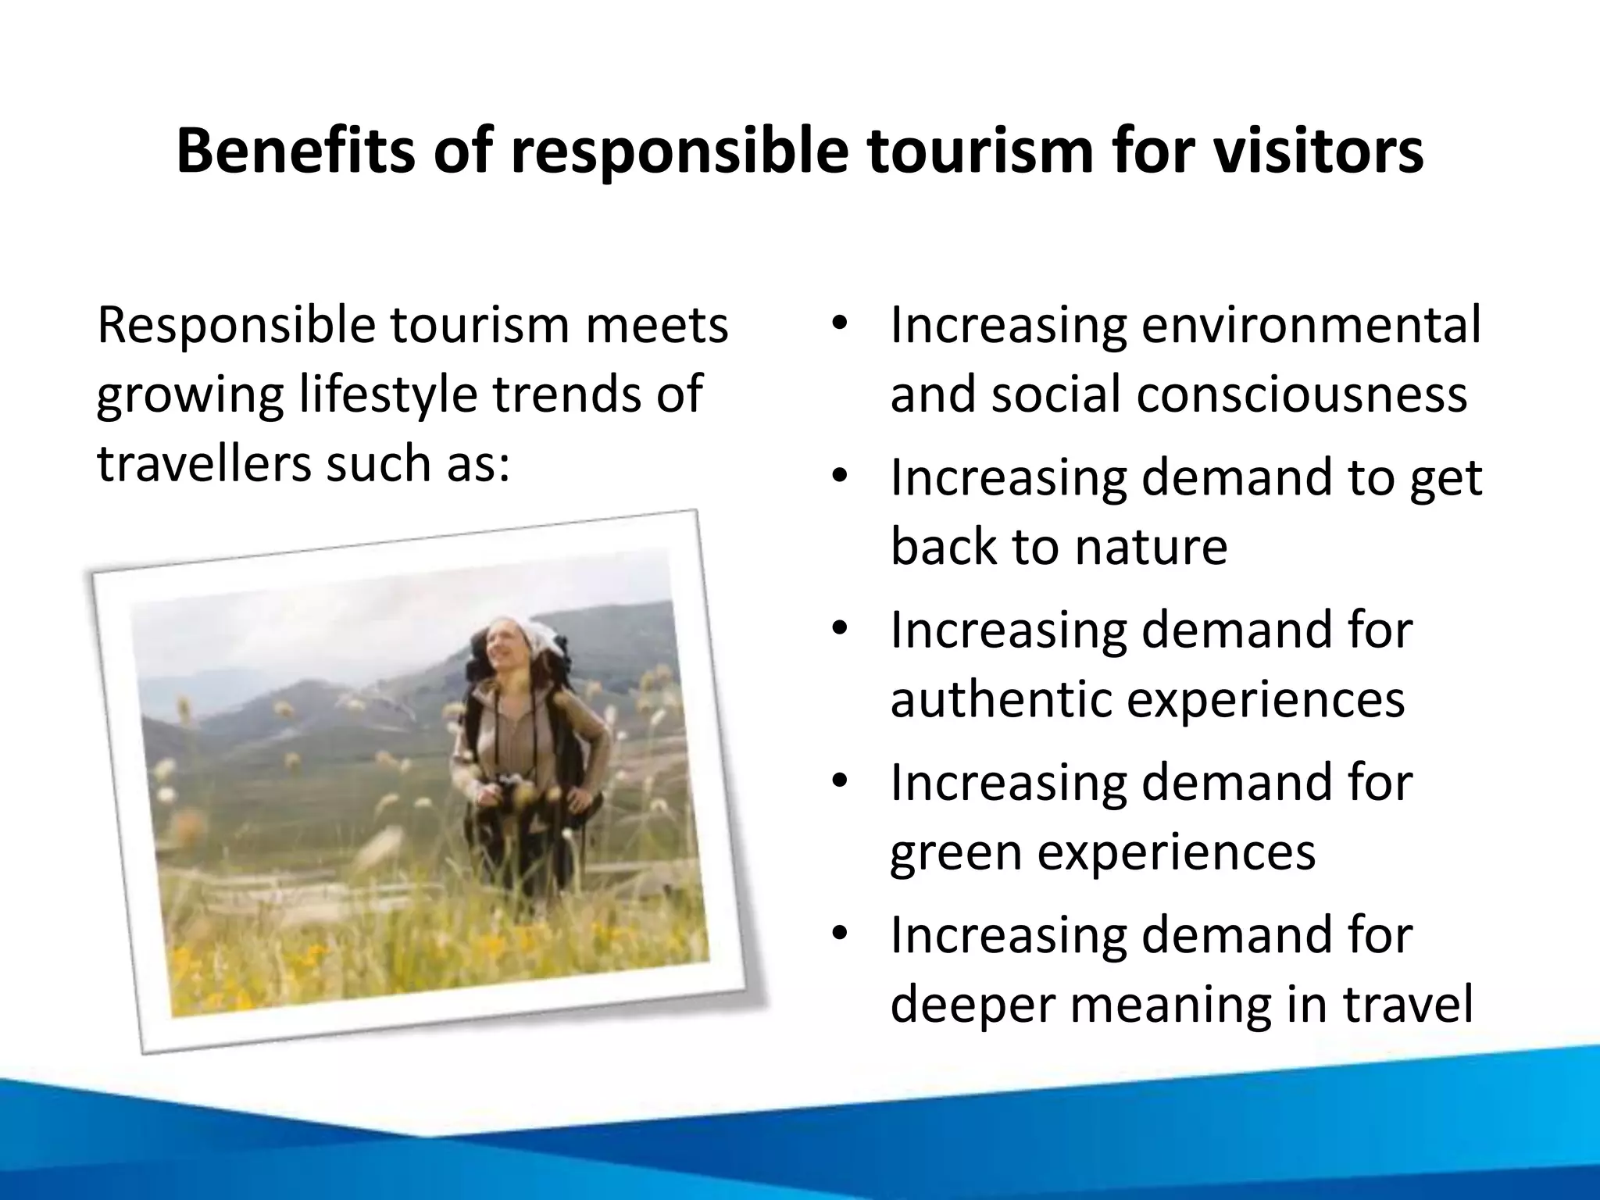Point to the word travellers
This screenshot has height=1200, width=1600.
pos(204,462)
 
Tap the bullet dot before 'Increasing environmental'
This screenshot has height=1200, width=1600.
pos(839,326)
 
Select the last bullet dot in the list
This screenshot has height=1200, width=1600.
pos(839,935)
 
